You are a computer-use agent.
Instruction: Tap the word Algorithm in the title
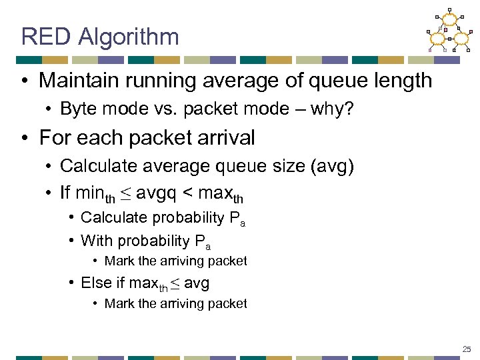pyautogui.click(x=128, y=37)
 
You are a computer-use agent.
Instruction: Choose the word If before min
pyautogui.click(x=65, y=193)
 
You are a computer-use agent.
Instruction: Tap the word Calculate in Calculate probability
pyautogui.click(x=113, y=218)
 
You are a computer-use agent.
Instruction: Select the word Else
pyautogui.click(x=96, y=283)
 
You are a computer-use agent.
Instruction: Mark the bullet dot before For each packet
pyautogui.click(x=25, y=138)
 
